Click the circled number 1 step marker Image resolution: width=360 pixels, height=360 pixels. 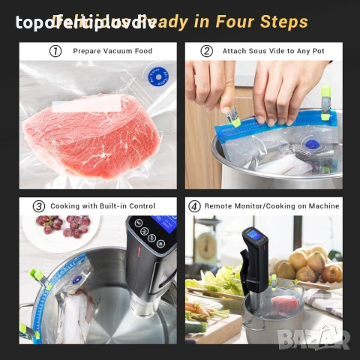[55, 52]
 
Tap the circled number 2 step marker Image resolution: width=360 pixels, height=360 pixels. [206, 52]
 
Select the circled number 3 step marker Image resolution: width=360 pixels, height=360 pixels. [39, 205]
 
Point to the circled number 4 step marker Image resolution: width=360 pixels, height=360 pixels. [195, 205]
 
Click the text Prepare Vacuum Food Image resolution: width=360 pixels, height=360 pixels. [112, 52]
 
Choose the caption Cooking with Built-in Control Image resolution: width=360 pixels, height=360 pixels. [103, 205]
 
